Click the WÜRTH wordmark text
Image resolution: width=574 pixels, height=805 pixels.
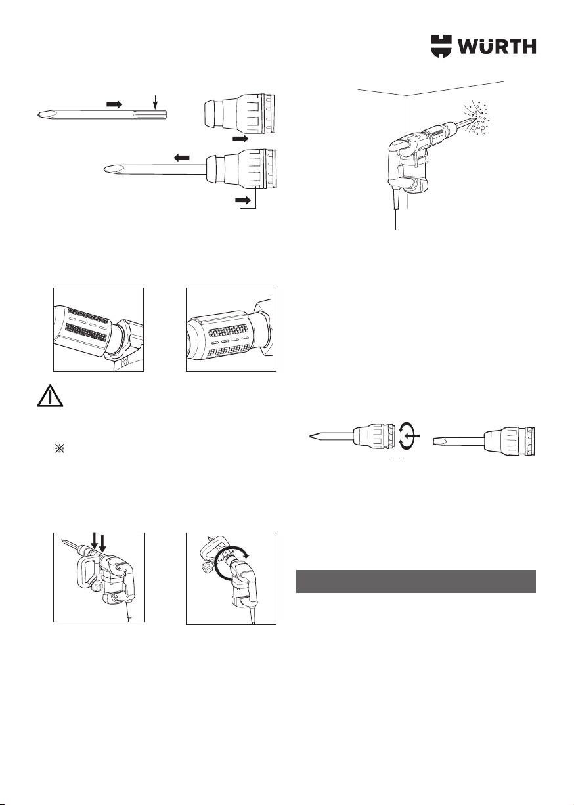[497, 47]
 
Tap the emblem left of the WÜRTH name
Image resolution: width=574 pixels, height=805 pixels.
[441, 47]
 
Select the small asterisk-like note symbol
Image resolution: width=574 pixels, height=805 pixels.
[59, 448]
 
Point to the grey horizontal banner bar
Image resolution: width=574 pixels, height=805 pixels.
[416, 581]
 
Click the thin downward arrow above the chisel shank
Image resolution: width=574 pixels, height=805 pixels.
[155, 102]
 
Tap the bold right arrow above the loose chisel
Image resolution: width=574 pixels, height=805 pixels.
[114, 104]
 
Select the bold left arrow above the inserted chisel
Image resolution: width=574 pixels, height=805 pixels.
[182, 157]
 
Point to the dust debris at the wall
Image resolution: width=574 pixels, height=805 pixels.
[479, 118]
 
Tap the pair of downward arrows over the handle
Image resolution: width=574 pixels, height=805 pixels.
[97, 545]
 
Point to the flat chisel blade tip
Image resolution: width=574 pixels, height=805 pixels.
[436, 440]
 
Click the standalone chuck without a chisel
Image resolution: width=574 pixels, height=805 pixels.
[239, 114]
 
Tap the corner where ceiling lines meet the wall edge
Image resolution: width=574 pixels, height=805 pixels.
[407, 95]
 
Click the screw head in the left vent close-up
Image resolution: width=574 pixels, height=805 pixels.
[124, 362]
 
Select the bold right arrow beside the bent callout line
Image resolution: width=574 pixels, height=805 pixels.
[243, 200]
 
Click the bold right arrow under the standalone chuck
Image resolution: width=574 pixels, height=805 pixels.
[240, 139]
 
